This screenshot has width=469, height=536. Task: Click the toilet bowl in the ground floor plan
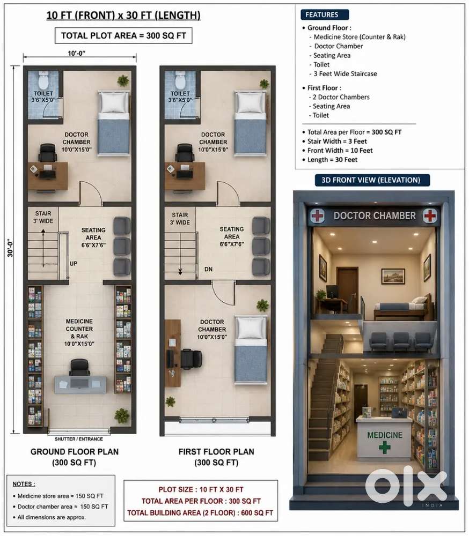click(x=43, y=80)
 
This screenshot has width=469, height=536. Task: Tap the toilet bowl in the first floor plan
click(x=180, y=80)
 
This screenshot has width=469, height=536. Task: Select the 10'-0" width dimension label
click(x=77, y=53)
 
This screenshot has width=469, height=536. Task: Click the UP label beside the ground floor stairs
click(x=74, y=264)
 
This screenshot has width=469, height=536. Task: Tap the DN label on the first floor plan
click(x=209, y=269)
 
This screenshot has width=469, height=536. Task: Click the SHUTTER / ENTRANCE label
click(x=79, y=439)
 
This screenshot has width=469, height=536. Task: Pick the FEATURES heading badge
click(x=325, y=14)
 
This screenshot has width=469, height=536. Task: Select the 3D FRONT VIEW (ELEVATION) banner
click(x=372, y=180)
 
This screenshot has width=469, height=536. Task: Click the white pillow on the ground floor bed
click(x=113, y=102)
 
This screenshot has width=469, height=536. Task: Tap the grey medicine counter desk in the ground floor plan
click(x=80, y=384)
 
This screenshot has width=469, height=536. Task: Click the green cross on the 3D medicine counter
click(x=384, y=448)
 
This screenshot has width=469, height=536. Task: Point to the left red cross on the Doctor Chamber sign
click(x=317, y=215)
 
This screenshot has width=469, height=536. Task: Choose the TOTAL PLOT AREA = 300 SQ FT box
click(x=123, y=35)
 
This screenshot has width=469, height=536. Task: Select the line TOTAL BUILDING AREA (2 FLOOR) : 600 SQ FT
click(x=200, y=513)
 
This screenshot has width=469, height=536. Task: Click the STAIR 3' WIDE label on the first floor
click(x=180, y=219)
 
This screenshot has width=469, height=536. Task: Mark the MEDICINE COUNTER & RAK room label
click(x=79, y=332)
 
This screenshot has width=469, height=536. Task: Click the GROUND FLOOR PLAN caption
click(x=74, y=451)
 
